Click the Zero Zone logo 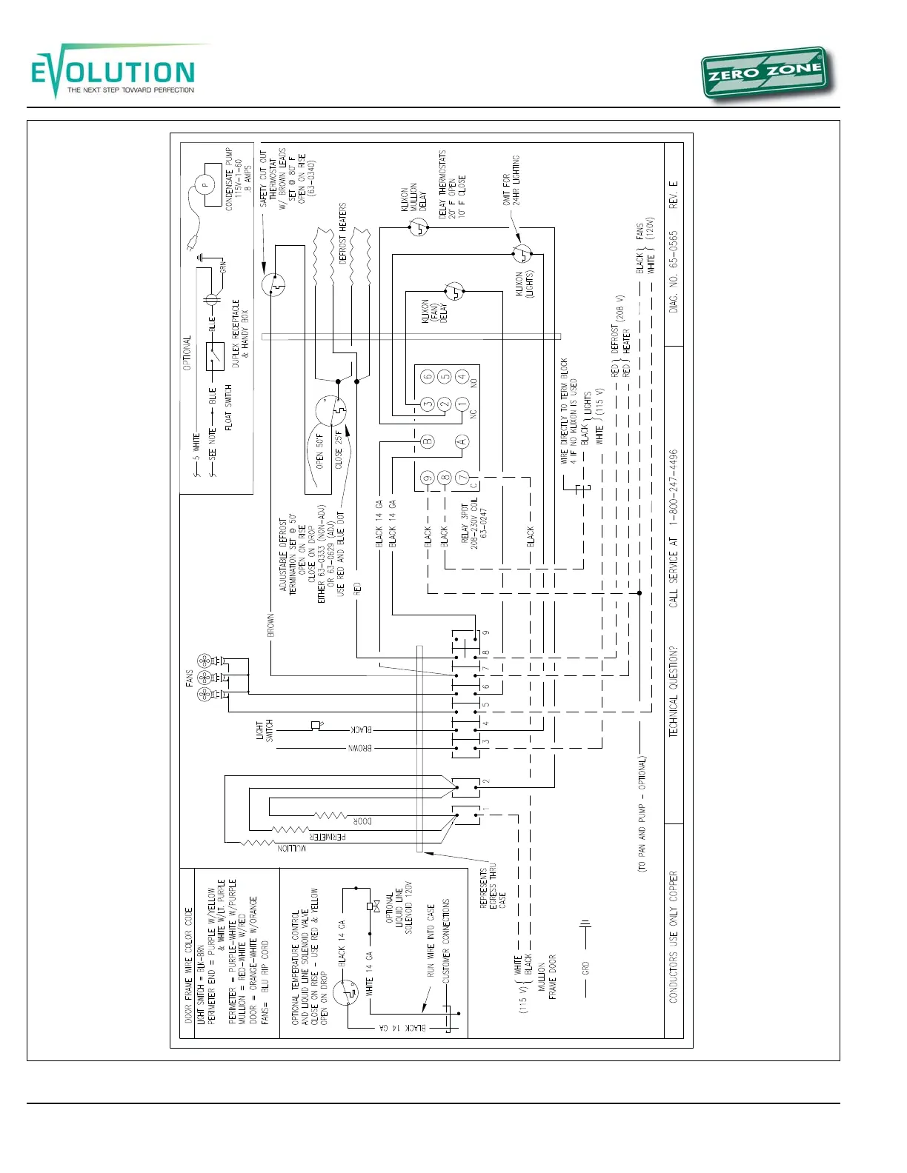pos(765,74)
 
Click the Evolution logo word pos(113,73)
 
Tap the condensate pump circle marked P pos(205,184)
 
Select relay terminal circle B pos(427,442)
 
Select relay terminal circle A pos(462,442)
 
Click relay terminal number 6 pos(427,377)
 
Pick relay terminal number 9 pos(427,478)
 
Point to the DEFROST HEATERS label pos(342,233)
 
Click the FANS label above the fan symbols pos(190,678)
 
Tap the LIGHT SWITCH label pos(265,730)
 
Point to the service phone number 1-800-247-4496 pos(673,487)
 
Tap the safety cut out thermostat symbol pos(273,284)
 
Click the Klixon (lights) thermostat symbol pos(522,254)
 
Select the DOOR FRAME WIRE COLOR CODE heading pos(188,965)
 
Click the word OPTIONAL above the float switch pos(187,353)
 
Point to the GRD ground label pos(585,968)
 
